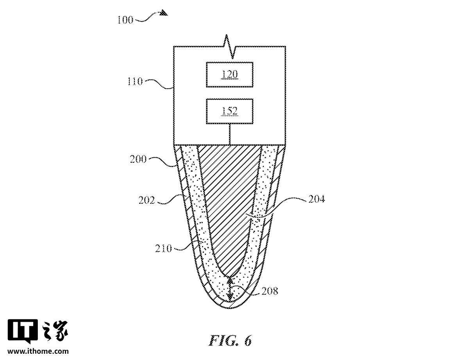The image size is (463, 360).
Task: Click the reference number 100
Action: coord(125,20)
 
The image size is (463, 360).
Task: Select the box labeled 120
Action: coord(229,74)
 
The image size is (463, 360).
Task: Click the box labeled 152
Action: coord(229,111)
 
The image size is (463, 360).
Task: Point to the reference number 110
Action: coord(135,81)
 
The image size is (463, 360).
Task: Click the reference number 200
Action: coord(138,159)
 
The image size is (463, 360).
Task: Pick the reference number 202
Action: coord(147,200)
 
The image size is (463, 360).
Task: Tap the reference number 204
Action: coord(316,200)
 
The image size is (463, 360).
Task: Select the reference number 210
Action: coord(163,248)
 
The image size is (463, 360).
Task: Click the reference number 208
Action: coord(270,291)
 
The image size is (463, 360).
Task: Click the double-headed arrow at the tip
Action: coord(230,288)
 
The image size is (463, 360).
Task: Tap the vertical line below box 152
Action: coord(230,134)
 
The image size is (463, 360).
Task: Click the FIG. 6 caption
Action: coord(230,340)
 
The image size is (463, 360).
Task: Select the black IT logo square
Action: coord(22,330)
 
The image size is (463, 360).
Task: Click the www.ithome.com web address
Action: coord(38,351)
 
